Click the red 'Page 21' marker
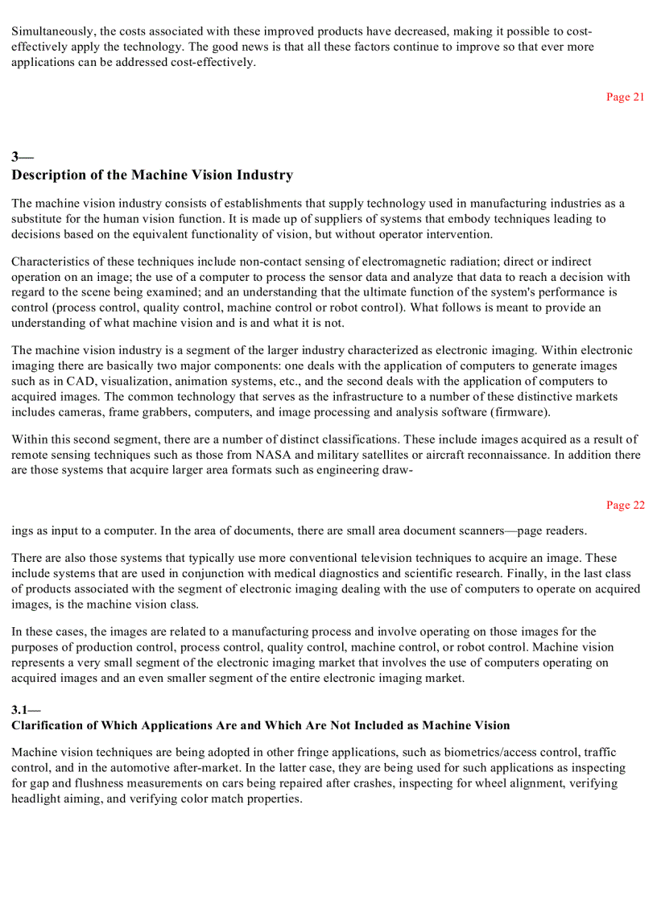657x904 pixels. pos(625,97)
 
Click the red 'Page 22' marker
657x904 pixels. pos(625,505)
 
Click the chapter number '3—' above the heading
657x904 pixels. pos(22,156)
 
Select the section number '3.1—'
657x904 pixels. pos(26,709)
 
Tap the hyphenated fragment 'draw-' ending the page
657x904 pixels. pos(397,470)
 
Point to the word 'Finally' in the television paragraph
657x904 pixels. pos(465,573)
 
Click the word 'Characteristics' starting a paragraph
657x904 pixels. pos(50,262)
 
